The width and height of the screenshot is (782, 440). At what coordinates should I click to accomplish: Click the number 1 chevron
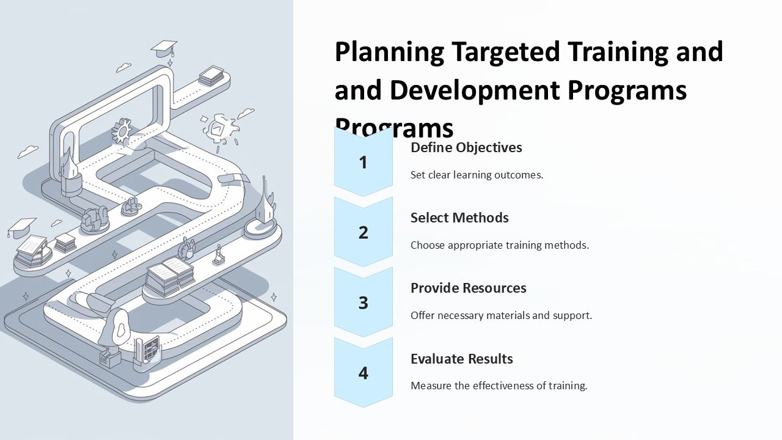[364, 163]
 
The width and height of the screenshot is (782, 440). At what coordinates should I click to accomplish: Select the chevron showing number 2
[364, 232]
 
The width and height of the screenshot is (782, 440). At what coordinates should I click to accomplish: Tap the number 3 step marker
[364, 302]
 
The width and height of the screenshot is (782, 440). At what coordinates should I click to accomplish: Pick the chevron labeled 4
[364, 373]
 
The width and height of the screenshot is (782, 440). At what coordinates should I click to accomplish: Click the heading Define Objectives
[466, 147]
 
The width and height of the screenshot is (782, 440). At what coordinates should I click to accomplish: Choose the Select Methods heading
[459, 218]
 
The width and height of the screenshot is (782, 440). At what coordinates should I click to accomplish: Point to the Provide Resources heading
[468, 288]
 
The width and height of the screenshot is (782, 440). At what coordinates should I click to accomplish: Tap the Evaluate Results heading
[461, 359]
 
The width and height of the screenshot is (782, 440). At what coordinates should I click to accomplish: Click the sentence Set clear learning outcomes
[477, 175]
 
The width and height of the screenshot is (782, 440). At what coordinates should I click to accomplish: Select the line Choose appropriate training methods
[499, 245]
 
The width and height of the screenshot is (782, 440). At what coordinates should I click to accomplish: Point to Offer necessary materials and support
[501, 315]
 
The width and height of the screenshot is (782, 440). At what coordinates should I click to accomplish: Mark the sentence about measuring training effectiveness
[499, 386]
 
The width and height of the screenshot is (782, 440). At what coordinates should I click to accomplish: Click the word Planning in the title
[389, 52]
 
